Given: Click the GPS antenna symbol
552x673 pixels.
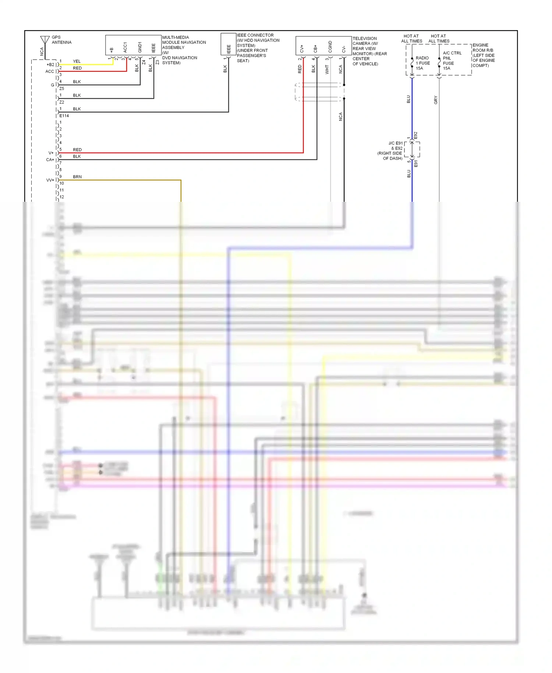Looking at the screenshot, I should [x=45, y=40].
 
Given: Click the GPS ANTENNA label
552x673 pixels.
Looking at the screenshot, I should [x=61, y=40].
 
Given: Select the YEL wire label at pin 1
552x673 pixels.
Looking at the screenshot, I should [x=77, y=61].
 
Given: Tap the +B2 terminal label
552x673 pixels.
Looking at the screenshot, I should [x=50, y=65].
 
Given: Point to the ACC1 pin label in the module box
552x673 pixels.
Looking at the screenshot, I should [x=125, y=47].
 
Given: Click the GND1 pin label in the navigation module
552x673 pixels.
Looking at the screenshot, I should [x=140, y=47].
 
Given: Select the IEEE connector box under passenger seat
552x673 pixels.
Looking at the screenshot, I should [x=228, y=44].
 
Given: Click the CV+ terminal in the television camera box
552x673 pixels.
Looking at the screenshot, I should [x=302, y=49].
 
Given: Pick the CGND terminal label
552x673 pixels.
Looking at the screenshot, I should [x=330, y=47].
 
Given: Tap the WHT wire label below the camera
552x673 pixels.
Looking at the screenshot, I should [x=327, y=69].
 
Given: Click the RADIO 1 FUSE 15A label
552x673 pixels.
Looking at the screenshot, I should [x=422, y=63].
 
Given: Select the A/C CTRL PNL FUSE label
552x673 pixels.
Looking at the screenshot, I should [x=452, y=60].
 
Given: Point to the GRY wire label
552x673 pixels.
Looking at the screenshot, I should [x=436, y=100].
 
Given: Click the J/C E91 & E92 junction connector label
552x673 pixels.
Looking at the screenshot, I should [x=391, y=151].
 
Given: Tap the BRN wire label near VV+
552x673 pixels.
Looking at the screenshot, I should [x=77, y=177].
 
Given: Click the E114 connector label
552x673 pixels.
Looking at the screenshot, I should [x=64, y=116].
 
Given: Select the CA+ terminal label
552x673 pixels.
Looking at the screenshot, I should [x=50, y=160].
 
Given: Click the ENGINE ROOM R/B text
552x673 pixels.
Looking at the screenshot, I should [x=483, y=55].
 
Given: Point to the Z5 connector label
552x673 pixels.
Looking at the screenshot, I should [x=61, y=88].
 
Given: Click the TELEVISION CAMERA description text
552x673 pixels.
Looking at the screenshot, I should [x=369, y=51].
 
